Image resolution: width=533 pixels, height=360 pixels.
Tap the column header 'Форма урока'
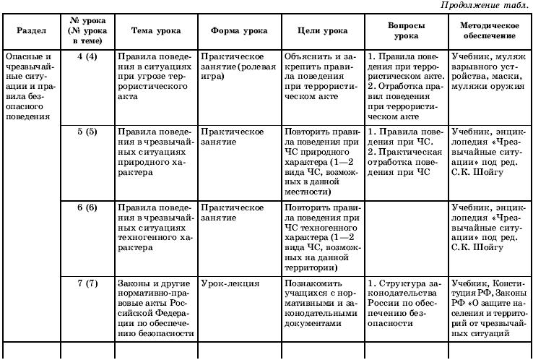tap(238, 31)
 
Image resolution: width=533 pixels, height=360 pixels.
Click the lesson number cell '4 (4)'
tap(87, 56)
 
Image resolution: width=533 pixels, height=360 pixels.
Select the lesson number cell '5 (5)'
tap(87, 132)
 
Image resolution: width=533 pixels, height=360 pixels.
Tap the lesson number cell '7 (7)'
tap(87, 283)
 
